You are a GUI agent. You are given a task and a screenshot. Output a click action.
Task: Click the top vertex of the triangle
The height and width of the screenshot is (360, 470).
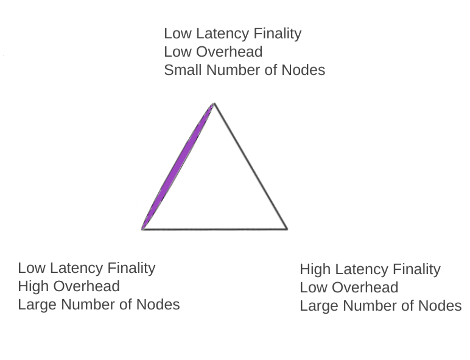point(214,104)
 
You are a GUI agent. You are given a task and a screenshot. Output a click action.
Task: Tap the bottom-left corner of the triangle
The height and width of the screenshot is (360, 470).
point(143,228)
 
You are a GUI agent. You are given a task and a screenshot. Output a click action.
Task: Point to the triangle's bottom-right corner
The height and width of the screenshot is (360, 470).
point(286,228)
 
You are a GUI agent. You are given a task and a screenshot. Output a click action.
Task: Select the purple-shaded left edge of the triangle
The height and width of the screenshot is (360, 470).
point(178,166)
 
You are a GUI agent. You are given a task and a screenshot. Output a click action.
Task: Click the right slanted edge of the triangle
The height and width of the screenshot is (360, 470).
point(250,166)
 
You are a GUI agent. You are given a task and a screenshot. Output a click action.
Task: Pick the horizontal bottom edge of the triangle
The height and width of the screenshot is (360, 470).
point(215,229)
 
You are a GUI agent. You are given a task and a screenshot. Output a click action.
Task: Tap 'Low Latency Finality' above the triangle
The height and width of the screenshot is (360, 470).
point(233,34)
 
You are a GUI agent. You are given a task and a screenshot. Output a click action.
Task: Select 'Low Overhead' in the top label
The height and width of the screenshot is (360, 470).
point(213,52)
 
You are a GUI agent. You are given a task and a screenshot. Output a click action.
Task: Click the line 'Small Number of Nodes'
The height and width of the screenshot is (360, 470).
point(244,70)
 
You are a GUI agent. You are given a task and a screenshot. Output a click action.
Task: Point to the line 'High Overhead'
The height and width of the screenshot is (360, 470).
point(69,286)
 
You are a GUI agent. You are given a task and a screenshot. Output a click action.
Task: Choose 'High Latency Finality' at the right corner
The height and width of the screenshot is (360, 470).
point(370,269)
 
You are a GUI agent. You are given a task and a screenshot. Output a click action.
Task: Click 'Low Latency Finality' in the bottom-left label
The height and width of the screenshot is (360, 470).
point(86,268)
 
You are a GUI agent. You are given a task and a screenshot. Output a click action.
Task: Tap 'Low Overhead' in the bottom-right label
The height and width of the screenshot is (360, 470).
point(349,288)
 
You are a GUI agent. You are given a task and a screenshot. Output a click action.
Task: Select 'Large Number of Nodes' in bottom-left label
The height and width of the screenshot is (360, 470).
point(99,305)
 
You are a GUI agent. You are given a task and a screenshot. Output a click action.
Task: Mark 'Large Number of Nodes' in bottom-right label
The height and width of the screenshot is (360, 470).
point(381,306)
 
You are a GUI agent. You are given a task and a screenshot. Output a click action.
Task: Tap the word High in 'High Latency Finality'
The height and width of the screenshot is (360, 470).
point(315,269)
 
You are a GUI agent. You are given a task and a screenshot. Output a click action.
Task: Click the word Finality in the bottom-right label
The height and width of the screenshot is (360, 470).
point(417,269)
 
